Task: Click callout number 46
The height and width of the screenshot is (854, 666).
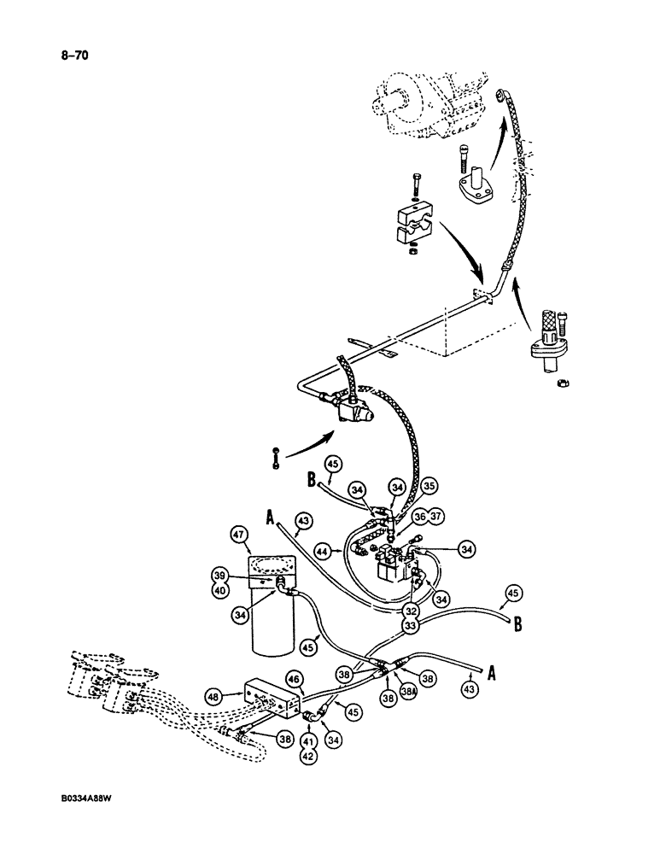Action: [295, 679]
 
